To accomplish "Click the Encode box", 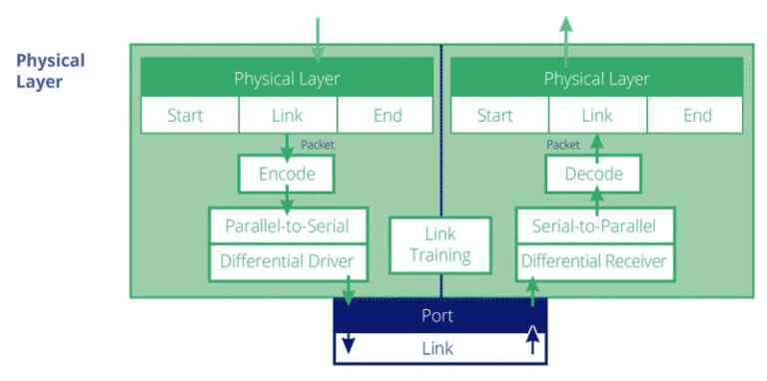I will tap(287, 174).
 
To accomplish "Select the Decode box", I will tap(594, 174).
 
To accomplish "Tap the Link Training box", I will tap(440, 244).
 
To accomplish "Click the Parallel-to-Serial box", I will tap(287, 225).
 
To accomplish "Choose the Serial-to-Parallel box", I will tap(594, 226).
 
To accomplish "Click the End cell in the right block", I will tap(697, 116).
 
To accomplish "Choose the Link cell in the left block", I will tap(288, 116).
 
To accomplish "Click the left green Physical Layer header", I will tap(288, 78).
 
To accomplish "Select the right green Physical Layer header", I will tap(596, 78).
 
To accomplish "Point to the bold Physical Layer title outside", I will tap(50, 70).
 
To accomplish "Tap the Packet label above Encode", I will tap(318, 145).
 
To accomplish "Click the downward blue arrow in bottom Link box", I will tap(348, 345).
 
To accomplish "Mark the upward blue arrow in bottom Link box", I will tap(533, 342).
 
